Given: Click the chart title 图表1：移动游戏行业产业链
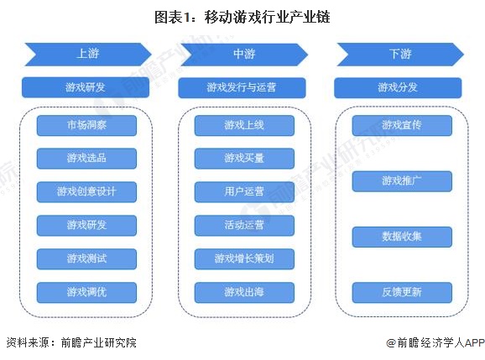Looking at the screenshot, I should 242,17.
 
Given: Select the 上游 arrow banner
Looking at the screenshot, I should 86,54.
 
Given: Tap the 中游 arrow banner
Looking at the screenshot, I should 243,54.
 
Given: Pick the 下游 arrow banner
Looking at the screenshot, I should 400,54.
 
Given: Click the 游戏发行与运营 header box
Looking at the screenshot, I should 243,87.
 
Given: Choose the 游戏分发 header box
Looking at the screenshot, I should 397,87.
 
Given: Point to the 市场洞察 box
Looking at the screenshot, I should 86,126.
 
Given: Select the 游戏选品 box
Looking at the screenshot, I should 86,159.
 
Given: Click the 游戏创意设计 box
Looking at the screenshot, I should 86,191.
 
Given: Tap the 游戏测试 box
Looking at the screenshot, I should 86,258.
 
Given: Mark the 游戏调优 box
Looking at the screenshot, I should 86,292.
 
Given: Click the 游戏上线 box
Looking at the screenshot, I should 244,126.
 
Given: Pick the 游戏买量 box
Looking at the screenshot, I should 244,159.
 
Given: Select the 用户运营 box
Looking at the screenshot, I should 244,191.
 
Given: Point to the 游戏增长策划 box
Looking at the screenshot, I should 244,258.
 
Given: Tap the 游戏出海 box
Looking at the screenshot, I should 244,292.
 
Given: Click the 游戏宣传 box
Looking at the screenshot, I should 402,126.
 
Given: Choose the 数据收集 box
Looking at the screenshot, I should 402,237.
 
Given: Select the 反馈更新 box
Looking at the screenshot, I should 402,292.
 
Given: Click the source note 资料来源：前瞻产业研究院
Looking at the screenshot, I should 70,342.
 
